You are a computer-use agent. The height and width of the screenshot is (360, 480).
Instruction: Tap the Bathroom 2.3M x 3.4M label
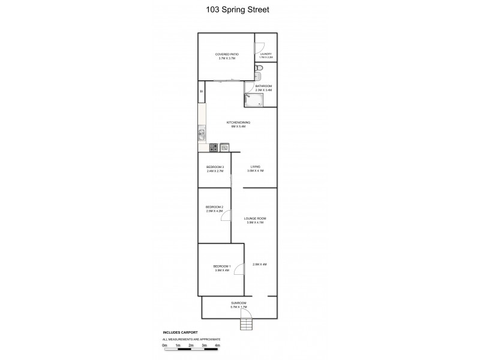tap(263, 88)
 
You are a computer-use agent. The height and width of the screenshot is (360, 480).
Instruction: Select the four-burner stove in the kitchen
tap(213, 147)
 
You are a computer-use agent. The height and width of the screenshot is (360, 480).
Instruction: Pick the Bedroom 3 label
tap(215, 169)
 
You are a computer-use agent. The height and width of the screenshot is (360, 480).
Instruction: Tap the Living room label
tap(255, 169)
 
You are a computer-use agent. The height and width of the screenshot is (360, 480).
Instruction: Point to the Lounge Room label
tap(255, 220)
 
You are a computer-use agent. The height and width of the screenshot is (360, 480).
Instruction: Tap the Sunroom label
tap(238, 305)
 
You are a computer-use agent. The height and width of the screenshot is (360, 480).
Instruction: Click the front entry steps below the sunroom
tap(246, 325)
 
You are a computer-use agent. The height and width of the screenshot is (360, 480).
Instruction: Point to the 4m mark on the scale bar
tap(217, 346)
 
